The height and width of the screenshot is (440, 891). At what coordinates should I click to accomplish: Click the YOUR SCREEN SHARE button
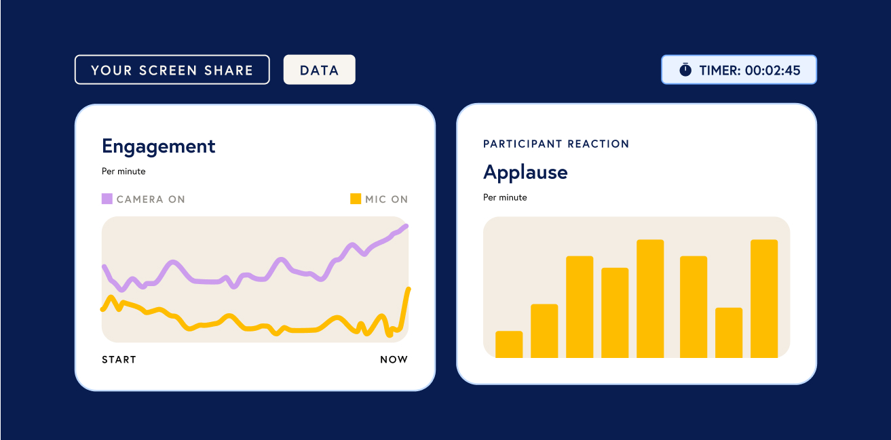(x=172, y=70)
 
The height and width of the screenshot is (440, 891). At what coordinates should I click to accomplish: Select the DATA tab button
(x=320, y=70)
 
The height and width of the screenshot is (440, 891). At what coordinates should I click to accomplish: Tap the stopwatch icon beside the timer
(x=685, y=70)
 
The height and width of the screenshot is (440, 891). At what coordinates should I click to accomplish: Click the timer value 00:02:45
(x=772, y=71)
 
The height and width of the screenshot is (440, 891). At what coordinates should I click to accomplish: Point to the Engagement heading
(x=158, y=146)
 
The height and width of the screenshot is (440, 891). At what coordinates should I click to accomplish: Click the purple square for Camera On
(x=107, y=199)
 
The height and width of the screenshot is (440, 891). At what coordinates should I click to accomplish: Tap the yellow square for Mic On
(x=356, y=199)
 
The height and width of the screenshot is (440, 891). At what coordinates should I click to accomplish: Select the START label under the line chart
(x=119, y=360)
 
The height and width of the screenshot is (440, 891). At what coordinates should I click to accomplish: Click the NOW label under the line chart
(x=394, y=360)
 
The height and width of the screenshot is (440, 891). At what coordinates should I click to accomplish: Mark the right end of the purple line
(x=406, y=226)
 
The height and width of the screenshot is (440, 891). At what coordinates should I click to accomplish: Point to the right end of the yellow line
(x=409, y=289)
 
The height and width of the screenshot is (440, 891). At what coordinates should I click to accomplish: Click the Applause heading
(x=525, y=173)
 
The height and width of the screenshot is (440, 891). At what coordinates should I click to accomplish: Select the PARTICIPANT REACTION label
(x=556, y=144)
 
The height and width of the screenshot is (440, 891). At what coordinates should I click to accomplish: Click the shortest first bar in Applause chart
(x=509, y=344)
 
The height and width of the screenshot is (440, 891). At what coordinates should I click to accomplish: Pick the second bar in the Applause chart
(x=544, y=331)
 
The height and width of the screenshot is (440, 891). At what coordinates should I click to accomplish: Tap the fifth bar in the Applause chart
(x=650, y=299)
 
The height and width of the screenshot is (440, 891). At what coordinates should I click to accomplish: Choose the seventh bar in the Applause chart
(x=729, y=333)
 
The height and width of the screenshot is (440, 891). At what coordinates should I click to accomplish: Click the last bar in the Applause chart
(x=764, y=299)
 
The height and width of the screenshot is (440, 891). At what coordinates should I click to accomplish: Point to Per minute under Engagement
(x=124, y=172)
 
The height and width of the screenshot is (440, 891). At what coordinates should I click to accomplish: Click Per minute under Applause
(x=505, y=197)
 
